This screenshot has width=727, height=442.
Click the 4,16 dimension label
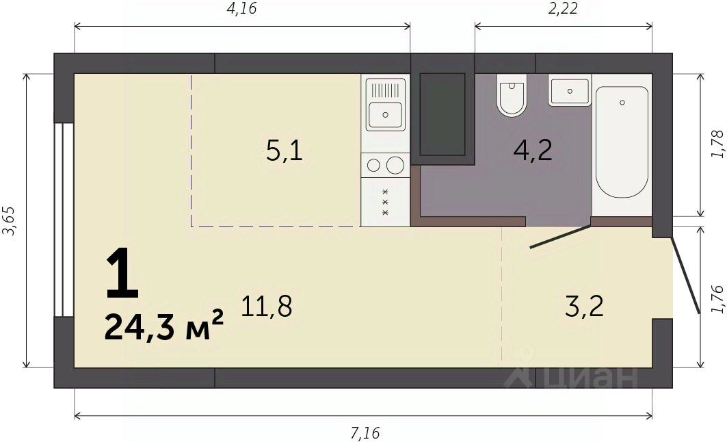point(241,8)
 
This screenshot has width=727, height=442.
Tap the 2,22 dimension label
point(563,8)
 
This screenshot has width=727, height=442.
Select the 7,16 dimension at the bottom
point(365,433)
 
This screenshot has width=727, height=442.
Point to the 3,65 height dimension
point(10,221)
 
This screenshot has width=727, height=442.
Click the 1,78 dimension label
point(717,144)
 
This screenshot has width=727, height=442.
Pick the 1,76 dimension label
point(717,299)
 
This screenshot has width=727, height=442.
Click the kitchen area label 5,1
point(285,151)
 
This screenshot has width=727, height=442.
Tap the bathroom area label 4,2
point(533,151)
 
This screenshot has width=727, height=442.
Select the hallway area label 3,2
point(585,306)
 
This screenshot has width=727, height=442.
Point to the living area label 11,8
point(267,306)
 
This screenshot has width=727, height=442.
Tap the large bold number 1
point(122,273)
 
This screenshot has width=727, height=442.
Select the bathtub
point(622,142)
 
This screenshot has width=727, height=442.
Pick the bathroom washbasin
point(570,90)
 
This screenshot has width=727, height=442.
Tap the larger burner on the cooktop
point(395,165)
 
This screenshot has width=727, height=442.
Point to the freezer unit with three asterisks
point(385,202)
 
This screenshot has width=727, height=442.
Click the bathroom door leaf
point(561,237)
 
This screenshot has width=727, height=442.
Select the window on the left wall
point(64,220)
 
